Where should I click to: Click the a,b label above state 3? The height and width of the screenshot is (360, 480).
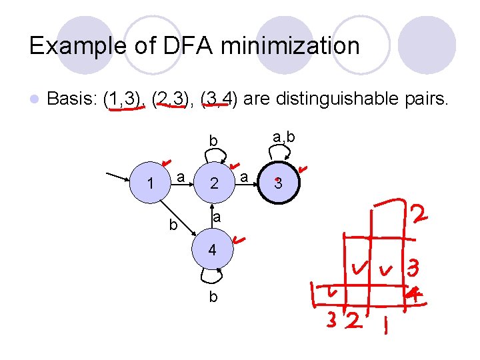pos(285,137)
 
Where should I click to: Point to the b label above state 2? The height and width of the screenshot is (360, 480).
pos(213,141)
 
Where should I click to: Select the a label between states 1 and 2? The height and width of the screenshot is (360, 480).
pos(181,176)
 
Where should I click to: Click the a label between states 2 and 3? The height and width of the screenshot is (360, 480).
pos(245,177)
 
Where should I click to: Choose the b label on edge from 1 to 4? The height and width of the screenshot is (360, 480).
pos(173,225)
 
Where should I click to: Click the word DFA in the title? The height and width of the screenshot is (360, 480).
pos(181,46)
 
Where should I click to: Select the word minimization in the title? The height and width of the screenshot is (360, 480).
pos(287,46)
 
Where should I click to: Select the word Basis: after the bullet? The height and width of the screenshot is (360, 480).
pos(73,101)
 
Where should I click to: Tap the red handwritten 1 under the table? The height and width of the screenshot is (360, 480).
pos(385,327)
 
